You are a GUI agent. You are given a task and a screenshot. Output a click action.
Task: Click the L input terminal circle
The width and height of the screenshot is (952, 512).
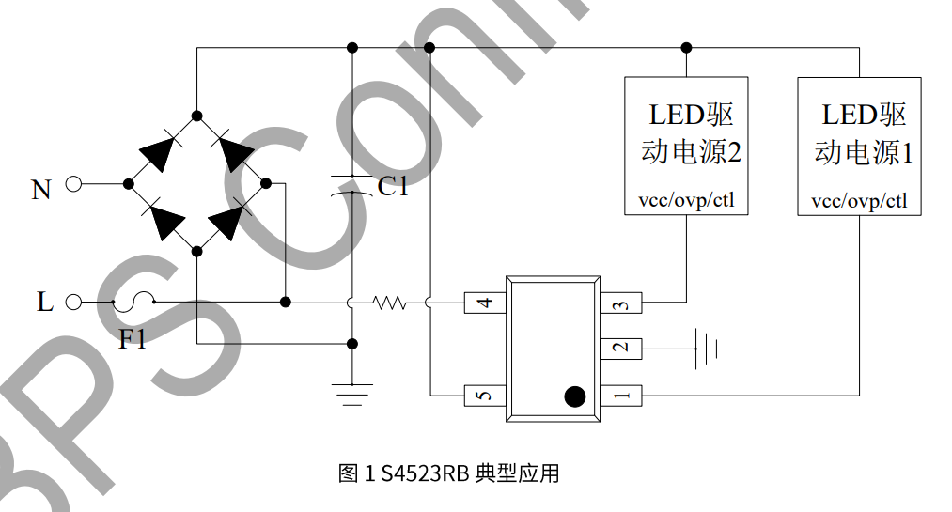point(74,302)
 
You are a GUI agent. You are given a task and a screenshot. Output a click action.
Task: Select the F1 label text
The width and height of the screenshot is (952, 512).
point(133,339)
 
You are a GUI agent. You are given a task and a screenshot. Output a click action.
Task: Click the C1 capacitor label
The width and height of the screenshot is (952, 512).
point(393,187)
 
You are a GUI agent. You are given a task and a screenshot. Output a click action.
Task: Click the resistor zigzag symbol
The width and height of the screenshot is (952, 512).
point(389,303)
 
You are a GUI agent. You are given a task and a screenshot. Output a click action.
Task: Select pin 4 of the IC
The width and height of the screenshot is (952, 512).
point(485,303)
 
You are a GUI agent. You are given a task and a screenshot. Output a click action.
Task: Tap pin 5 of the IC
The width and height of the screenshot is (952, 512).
point(485,395)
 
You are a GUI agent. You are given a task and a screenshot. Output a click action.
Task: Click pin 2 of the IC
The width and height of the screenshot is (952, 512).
point(620,349)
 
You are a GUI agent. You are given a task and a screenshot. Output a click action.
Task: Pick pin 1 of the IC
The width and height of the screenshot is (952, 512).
point(620,395)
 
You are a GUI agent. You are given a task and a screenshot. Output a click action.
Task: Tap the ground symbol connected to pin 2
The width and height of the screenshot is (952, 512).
point(706,349)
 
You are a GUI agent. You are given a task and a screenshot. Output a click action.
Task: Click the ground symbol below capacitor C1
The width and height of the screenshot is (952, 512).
point(351,394)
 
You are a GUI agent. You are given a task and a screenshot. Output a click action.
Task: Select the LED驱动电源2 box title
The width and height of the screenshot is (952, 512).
point(687,133)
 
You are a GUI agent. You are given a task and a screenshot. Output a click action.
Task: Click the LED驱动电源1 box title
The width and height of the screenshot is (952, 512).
point(859,133)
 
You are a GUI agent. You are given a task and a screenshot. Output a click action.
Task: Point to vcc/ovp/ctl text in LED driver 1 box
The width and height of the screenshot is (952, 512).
point(859,201)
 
